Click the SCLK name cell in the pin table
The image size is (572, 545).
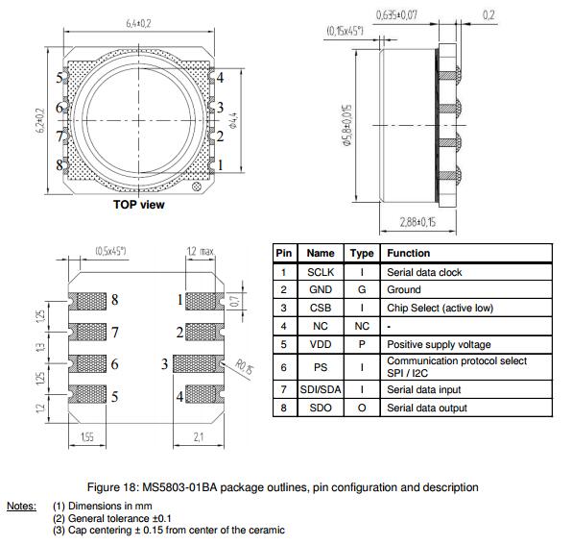coord(321,272)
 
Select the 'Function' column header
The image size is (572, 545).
coord(408,253)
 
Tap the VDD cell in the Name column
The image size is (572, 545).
coord(321,344)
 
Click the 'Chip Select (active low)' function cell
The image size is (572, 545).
coord(440,308)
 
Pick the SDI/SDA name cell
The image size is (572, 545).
coord(321,389)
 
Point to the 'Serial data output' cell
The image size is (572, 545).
coord(427,408)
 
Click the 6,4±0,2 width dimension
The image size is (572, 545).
coord(138,23)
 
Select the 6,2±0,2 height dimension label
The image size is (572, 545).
coord(40,120)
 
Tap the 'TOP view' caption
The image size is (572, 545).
coord(138,205)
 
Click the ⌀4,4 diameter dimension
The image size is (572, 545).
coord(234,120)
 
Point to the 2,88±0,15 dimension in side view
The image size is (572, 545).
coord(417,222)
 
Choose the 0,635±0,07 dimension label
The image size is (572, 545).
coord(396,15)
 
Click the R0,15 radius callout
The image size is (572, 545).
coord(245,366)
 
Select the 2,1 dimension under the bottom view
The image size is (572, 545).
coord(199,436)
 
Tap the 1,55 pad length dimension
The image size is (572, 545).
coord(87,436)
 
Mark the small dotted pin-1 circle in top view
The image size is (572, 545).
coord(196,187)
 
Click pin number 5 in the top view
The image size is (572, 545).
coord(60,78)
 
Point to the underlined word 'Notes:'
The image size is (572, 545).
coord(21,506)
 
